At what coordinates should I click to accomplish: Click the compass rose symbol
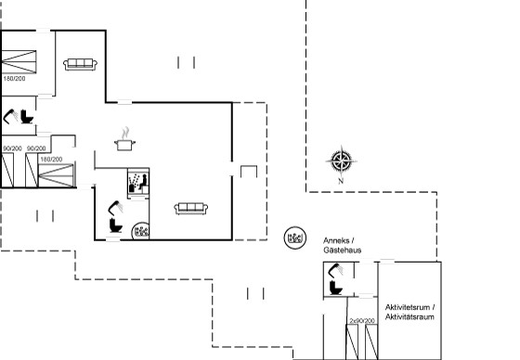click(x=342, y=161)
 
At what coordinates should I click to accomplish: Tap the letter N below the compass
click(x=341, y=181)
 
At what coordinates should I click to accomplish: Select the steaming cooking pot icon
click(x=124, y=139)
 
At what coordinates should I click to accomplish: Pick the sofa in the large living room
click(x=191, y=208)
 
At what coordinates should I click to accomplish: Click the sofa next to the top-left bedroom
click(x=80, y=64)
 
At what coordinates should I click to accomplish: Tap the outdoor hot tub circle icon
click(x=295, y=238)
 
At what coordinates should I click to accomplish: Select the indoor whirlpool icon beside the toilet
click(x=140, y=231)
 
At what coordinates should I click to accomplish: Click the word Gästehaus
click(x=343, y=251)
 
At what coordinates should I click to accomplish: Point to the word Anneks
click(x=336, y=240)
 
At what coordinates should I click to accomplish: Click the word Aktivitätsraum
click(x=409, y=317)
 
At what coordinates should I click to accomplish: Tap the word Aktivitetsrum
click(x=408, y=307)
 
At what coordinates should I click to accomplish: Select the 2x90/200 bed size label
click(x=362, y=320)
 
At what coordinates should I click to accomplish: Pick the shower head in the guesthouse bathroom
click(x=335, y=269)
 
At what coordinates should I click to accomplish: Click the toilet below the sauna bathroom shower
click(x=116, y=225)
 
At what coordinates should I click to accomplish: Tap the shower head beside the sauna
click(x=115, y=208)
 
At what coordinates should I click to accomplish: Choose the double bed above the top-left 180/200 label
click(x=19, y=61)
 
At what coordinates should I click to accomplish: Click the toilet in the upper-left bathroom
click(x=27, y=117)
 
